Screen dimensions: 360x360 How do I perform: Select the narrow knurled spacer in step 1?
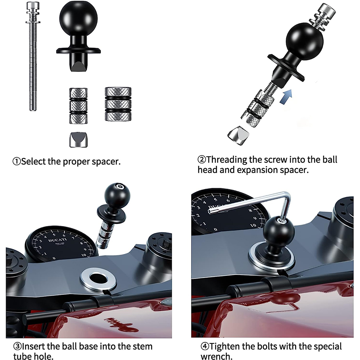click(78, 106)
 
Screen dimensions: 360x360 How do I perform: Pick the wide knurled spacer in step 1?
click(118, 104)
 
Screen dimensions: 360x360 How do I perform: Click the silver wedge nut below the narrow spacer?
click(78, 140)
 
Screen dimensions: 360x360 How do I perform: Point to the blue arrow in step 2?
click(286, 96)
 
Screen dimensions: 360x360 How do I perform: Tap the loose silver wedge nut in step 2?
click(238, 135)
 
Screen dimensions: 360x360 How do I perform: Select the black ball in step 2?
click(305, 41)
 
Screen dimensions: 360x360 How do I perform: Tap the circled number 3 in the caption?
click(17, 346)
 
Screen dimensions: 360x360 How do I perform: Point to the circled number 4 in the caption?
click(205, 346)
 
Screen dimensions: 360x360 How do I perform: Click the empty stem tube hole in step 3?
click(98, 278)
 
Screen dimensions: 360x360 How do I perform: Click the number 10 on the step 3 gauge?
click(84, 255)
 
